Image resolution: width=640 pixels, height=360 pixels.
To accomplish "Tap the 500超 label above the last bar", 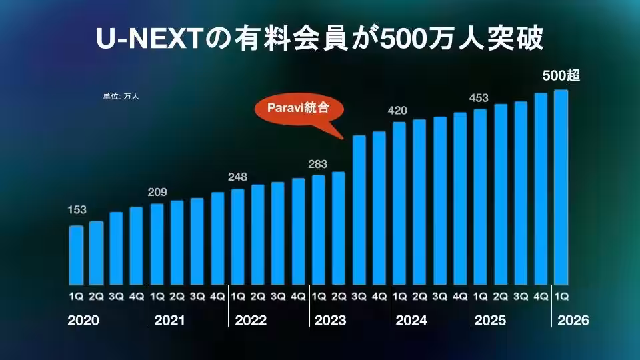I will click(x=561, y=76).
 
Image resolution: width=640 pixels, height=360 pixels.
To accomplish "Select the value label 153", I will click(x=77, y=210).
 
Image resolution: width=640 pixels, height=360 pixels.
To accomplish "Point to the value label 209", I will click(x=157, y=193).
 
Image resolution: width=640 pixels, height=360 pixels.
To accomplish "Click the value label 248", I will click(x=237, y=177).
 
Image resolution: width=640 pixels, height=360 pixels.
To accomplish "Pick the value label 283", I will click(x=318, y=163).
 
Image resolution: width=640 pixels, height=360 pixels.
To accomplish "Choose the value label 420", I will click(x=399, y=110).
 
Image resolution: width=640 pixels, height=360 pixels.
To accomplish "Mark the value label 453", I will click(x=479, y=98).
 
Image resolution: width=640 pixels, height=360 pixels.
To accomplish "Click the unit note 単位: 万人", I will click(x=121, y=97).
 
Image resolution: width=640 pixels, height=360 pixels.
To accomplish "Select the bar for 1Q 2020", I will click(x=77, y=255).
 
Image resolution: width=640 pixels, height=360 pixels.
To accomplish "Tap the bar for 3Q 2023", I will click(x=359, y=209).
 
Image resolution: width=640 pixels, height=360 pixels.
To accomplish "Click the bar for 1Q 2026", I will click(x=561, y=187).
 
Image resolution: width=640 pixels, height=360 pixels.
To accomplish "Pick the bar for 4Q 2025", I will click(x=541, y=189).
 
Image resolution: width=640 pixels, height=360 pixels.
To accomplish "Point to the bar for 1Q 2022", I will click(x=237, y=236).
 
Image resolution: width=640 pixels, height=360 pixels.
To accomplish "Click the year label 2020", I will click(x=83, y=321).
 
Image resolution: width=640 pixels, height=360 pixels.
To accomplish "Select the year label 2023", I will click(x=330, y=321).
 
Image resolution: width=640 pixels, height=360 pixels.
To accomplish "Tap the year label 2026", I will click(x=573, y=321).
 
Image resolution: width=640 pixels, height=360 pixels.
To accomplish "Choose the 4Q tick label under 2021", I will click(x=217, y=295).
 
